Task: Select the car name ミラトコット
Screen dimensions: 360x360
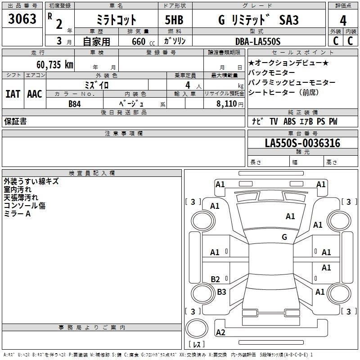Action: pyautogui.click(x=117, y=20)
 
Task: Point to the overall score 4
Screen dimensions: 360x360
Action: pyautogui.click(x=343, y=20)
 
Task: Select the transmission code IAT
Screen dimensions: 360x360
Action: pyautogui.click(x=12, y=94)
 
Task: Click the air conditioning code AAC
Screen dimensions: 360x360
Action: pyautogui.click(x=34, y=94)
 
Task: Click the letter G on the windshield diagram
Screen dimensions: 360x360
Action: pyautogui.click(x=284, y=237)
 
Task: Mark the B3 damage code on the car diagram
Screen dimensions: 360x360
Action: pyautogui.click(x=221, y=292)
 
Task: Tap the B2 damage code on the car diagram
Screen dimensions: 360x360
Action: pyautogui.click(x=215, y=279)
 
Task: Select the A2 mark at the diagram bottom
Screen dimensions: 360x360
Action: pyautogui.click(x=220, y=333)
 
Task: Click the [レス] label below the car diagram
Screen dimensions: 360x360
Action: pyautogui.click(x=196, y=344)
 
